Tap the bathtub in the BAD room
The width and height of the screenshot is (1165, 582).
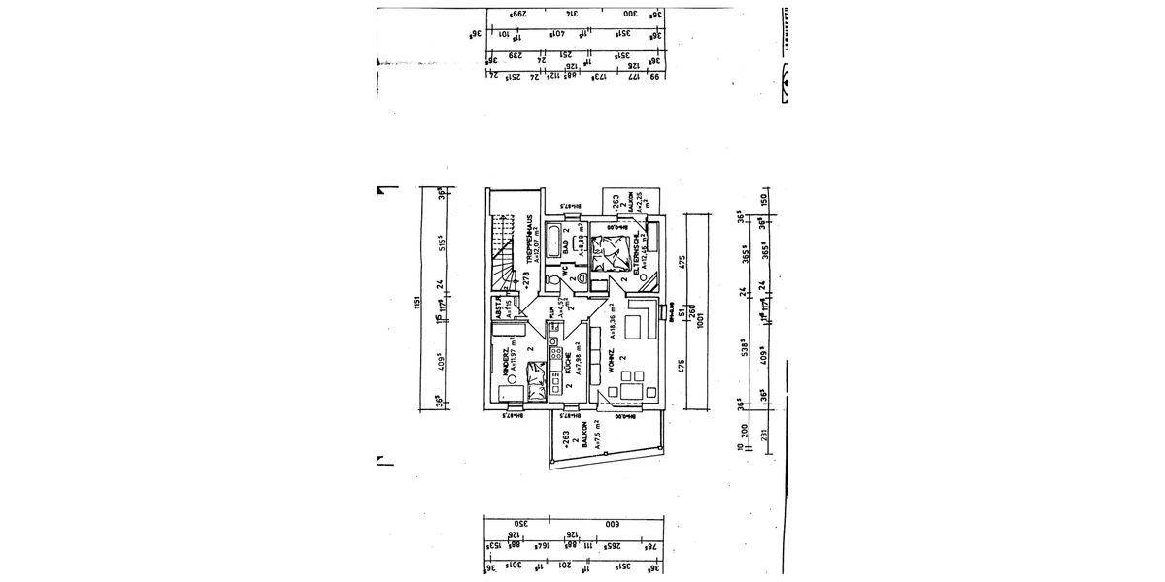point(552,240)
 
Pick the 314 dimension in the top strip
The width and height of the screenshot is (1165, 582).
point(572,15)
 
